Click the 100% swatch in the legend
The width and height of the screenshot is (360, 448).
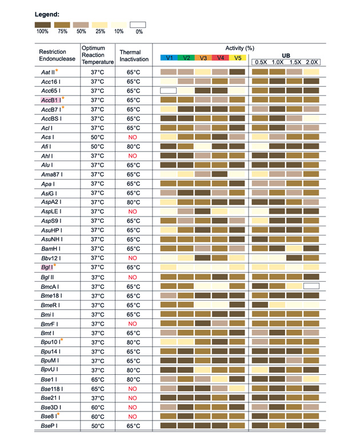tap(42, 25)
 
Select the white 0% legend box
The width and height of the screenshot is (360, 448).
tap(138, 25)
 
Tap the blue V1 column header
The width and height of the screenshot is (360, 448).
tap(169, 58)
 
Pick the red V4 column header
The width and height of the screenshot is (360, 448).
tap(221, 58)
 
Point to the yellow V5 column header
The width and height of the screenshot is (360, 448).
tap(238, 58)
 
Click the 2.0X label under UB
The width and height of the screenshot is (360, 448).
tap(312, 62)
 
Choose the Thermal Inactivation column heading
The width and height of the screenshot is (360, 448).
tap(134, 55)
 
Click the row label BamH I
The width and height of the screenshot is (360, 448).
tap(51, 249)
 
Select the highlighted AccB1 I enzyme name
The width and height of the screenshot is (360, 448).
tap(51, 100)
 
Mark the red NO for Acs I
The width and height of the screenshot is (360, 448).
tap(134, 137)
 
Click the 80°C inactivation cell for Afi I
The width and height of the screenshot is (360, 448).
tap(134, 146)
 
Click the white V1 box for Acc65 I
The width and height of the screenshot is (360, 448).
tap(169, 91)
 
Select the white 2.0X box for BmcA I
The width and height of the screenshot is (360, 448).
tap(311, 286)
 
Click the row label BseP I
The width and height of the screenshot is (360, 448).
tap(51, 426)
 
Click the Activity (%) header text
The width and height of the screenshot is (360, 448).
tap(240, 48)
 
